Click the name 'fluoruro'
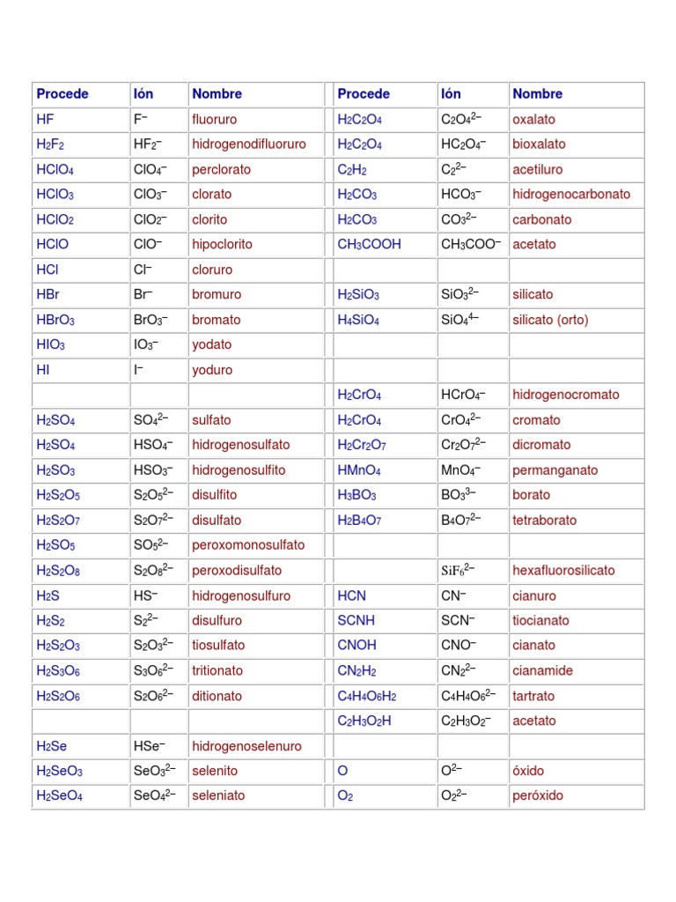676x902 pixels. click(214, 119)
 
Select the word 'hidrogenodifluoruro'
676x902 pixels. click(249, 144)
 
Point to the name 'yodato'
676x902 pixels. click(212, 344)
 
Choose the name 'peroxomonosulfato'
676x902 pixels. click(248, 545)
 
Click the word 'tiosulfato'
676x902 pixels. click(218, 646)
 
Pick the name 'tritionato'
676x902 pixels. click(218, 670)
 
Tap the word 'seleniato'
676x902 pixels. click(218, 795)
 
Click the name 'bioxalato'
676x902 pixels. click(539, 144)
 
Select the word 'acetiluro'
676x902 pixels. click(538, 169)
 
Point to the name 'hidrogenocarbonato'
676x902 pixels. click(571, 194)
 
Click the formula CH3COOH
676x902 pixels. click(369, 244)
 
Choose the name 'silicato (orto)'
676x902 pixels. click(550, 320)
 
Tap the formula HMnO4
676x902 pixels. click(359, 470)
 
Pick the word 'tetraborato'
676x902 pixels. click(545, 521)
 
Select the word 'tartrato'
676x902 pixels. click(533, 696)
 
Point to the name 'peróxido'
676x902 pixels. click(538, 795)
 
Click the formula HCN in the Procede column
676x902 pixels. click(351, 595)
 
